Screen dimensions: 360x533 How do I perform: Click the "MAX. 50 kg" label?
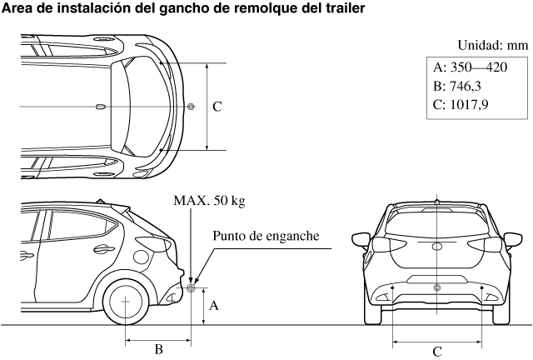tap(209, 201)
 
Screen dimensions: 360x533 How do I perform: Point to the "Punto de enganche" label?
tap(266, 237)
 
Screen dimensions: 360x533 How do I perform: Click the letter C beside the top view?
tap(217, 107)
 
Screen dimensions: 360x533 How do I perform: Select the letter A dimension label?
tap(214, 306)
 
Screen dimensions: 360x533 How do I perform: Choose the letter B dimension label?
tap(158, 348)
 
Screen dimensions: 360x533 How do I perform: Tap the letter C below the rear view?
tap(437, 352)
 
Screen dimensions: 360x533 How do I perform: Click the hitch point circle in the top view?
tap(191, 107)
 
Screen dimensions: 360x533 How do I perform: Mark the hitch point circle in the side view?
tap(191, 288)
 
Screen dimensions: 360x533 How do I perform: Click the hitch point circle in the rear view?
tap(437, 287)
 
